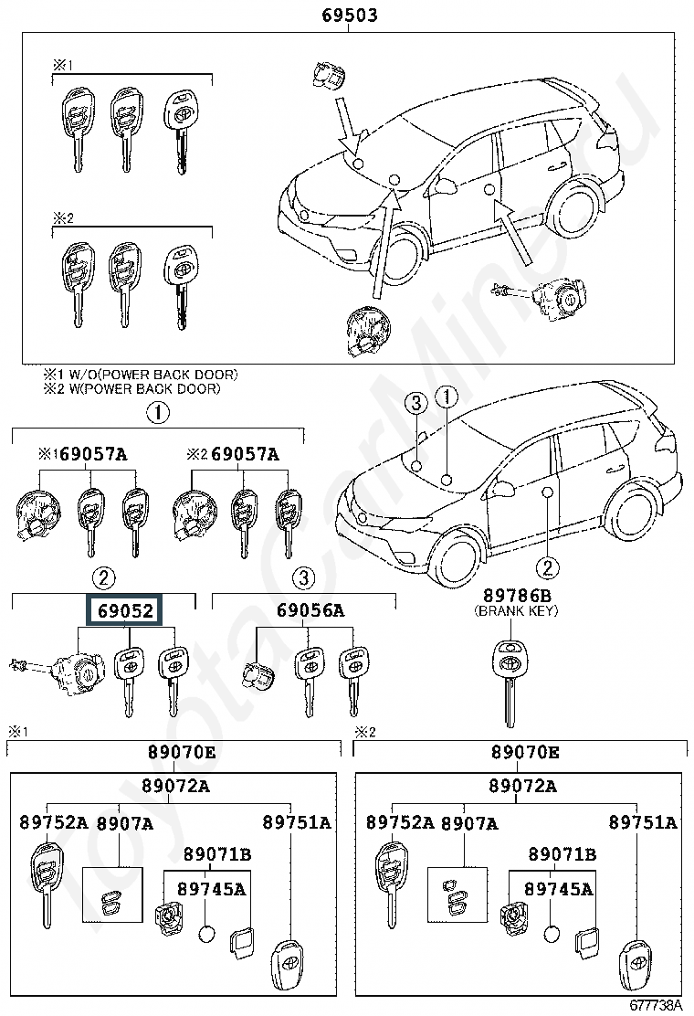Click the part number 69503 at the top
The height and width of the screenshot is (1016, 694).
(350, 15)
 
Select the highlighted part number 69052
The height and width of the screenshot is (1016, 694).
(126, 610)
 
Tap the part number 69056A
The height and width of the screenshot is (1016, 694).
(310, 610)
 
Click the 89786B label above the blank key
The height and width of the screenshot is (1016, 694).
(517, 595)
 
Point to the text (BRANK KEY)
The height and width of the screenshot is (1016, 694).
(516, 610)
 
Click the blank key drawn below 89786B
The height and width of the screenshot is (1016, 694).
(511, 682)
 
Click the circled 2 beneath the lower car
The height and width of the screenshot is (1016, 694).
(548, 568)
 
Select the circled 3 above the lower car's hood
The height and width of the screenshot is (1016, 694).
(416, 403)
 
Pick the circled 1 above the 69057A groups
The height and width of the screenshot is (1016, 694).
(158, 413)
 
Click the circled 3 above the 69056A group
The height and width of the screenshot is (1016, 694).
(303, 577)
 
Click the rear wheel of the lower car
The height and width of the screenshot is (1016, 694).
(632, 510)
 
